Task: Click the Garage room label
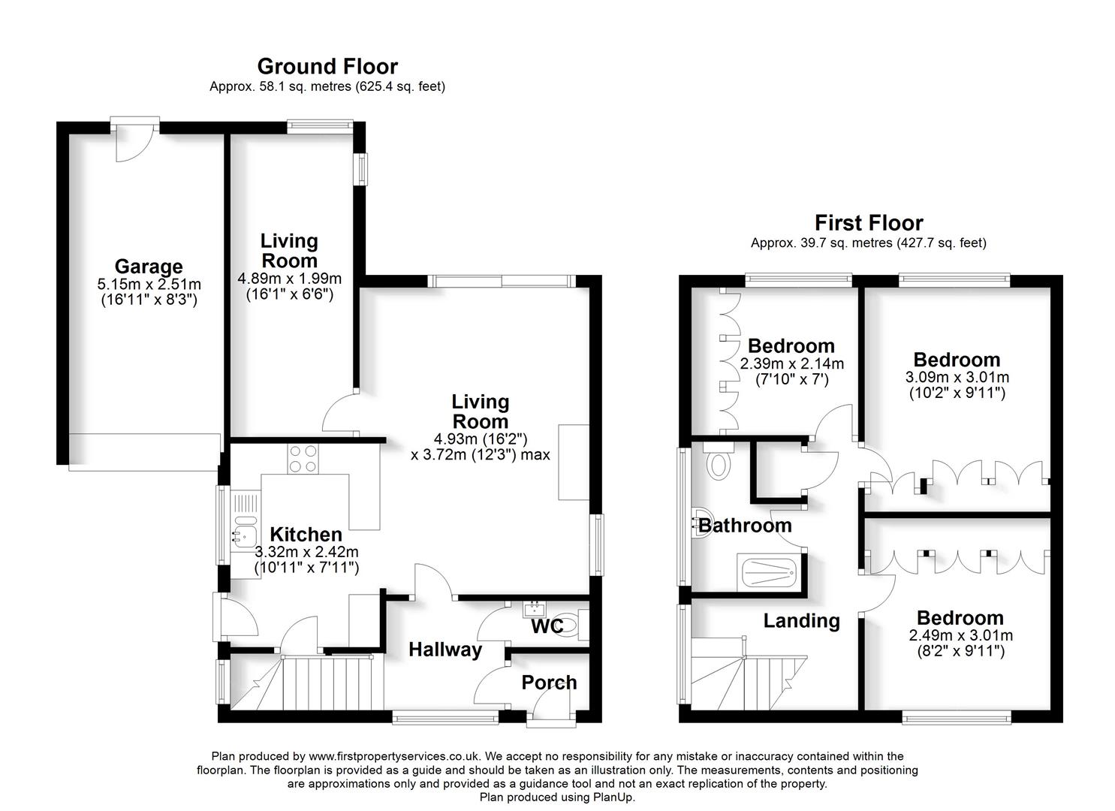coord(149,267)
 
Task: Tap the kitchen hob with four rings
coord(303,459)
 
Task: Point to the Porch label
coord(550,683)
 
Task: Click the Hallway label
coord(445,650)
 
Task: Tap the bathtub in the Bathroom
coord(768,574)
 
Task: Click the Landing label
coord(801,621)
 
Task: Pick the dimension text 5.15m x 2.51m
coord(149,285)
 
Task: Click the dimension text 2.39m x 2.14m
coord(791,364)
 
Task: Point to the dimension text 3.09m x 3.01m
coord(957,377)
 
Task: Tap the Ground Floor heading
coord(327,67)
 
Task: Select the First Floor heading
coord(868,223)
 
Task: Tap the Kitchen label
coord(306,535)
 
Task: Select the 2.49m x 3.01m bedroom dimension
coord(960,635)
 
